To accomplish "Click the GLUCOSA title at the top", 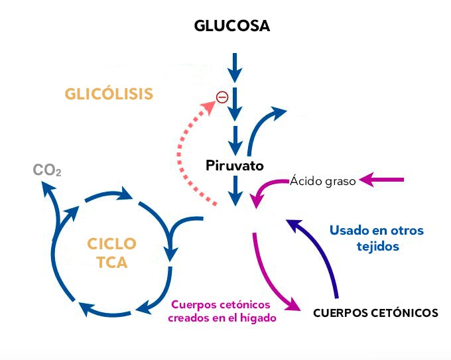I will tap(232, 26).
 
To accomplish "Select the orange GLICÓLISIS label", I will tap(109, 93).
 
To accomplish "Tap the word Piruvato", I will tap(235, 165).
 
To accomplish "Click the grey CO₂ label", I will tap(47, 170).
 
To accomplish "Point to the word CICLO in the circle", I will tap(112, 243).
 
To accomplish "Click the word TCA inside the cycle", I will tap(112, 263).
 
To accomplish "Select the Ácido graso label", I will tap(323, 180).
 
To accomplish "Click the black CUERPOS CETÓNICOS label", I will tap(375, 313).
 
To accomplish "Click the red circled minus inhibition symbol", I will tap(222, 97).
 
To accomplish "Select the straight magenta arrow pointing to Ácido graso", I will tap(383, 179).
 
